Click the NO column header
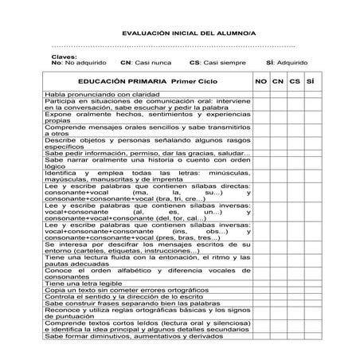click(261, 81)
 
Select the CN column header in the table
click(278, 81)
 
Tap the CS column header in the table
click(295, 81)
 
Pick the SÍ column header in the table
click(311, 81)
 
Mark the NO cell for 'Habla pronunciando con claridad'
click(261, 96)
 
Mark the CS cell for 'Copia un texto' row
click(295, 291)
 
